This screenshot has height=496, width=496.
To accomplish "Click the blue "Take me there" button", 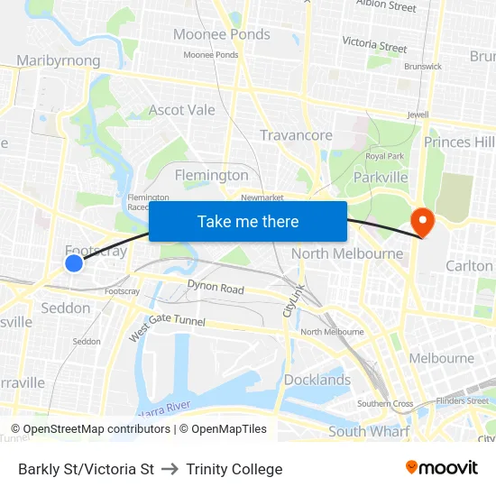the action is click(x=248, y=221).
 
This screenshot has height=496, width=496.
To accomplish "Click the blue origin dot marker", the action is click(x=74, y=262).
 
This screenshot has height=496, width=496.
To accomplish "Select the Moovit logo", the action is click(x=442, y=467).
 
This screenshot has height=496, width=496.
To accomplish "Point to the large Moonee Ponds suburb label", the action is click(x=221, y=34).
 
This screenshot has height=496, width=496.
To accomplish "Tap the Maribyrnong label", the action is click(x=58, y=60).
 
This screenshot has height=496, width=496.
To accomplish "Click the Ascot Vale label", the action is click(x=182, y=110).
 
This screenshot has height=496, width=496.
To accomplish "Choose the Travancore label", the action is click(x=296, y=135).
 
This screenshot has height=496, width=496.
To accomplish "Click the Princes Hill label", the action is click(x=459, y=142).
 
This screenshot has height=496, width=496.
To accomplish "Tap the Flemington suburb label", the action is click(x=211, y=174).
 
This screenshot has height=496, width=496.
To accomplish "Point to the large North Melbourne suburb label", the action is click(x=346, y=253).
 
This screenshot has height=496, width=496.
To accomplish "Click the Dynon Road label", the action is click(x=216, y=289).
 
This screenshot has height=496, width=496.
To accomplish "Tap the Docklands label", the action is click(x=317, y=380).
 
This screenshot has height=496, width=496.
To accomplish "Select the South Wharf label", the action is click(x=369, y=431).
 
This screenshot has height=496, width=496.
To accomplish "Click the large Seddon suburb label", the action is click(x=66, y=308).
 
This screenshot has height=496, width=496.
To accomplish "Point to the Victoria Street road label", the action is click(x=374, y=43).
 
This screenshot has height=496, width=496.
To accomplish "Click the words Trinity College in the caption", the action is click(x=234, y=469).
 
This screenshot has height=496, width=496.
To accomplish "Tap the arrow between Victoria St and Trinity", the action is click(x=170, y=469).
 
